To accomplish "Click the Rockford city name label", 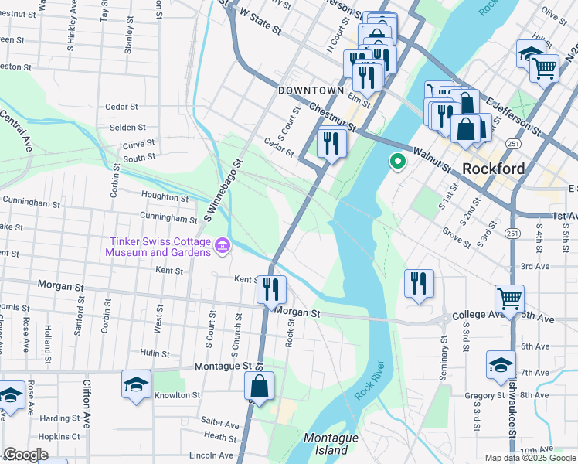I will (x=493, y=169).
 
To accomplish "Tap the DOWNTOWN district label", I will (x=310, y=90).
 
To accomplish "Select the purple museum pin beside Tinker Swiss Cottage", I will (x=223, y=246).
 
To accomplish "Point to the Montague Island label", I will (x=331, y=443).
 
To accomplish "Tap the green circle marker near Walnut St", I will (x=398, y=162).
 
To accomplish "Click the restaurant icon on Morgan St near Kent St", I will (x=271, y=291).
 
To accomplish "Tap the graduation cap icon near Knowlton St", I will (x=136, y=385).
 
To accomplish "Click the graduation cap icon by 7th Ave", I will (x=501, y=365).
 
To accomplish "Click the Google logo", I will (x=25, y=455).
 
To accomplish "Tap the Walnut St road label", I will (x=432, y=159).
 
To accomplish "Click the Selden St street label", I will (x=127, y=127).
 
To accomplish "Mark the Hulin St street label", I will (x=155, y=353).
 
